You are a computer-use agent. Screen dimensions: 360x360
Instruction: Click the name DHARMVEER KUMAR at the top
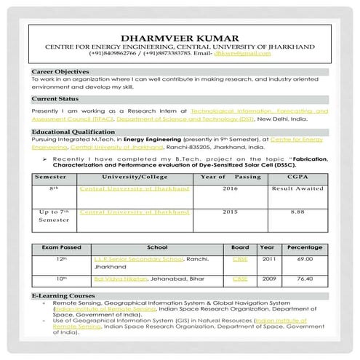[180, 36]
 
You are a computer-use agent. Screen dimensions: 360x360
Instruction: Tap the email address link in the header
[260, 55]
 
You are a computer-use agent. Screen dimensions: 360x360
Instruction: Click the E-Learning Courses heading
[63, 297]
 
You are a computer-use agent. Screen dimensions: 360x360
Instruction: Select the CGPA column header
[291, 177]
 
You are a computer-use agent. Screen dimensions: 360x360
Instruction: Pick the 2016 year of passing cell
[230, 188]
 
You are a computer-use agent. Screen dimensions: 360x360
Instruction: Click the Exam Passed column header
[55, 247]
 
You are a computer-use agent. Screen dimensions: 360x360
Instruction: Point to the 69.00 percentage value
[304, 259]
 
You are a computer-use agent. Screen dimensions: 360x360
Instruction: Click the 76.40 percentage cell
[304, 279]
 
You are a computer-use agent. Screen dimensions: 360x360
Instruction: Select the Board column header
[239, 247]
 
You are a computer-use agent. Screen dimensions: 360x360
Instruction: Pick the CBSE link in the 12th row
[239, 259]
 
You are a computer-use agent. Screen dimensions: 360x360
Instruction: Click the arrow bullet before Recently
[44, 157]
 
